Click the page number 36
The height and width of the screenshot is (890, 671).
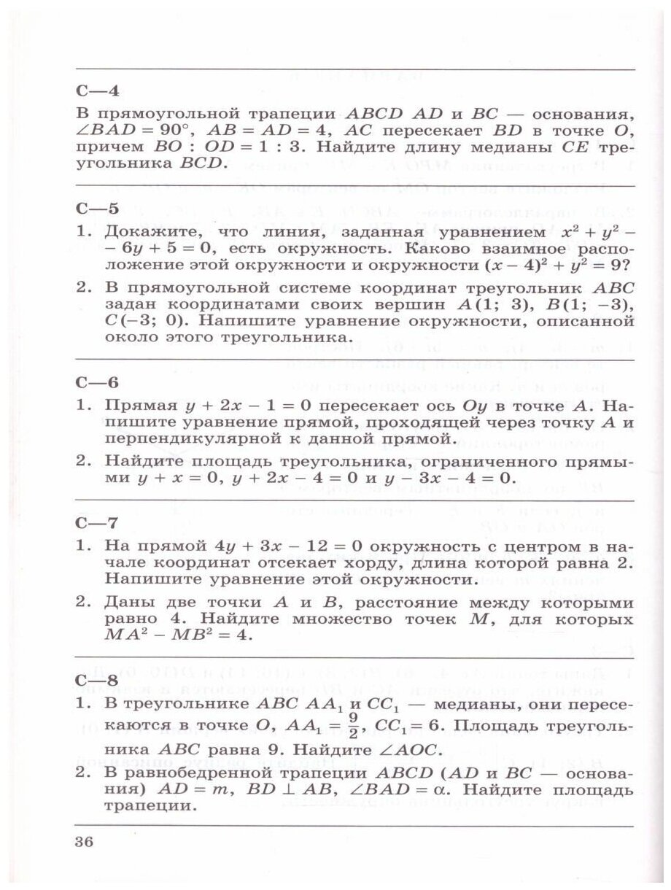coord(85,843)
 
